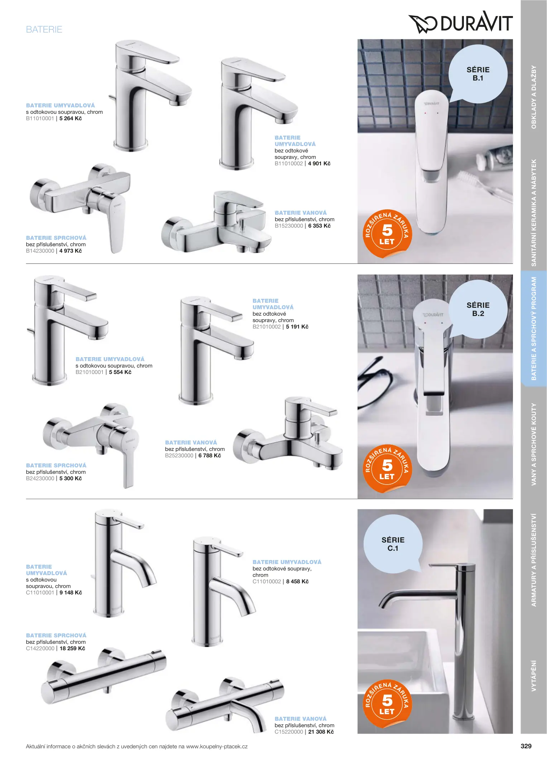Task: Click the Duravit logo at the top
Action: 460,22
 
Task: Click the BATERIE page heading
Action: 44,29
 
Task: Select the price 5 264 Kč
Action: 71,118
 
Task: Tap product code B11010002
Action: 289,164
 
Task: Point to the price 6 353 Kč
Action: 319,226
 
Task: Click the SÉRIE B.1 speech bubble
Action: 478,74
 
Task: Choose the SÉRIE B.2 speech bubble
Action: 478,309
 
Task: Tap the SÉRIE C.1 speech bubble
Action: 393,544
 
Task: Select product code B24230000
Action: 40,478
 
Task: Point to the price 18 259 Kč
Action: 72,648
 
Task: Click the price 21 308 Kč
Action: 321,732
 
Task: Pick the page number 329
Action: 526,746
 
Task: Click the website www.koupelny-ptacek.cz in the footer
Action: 217,747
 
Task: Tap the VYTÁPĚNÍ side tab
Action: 534,676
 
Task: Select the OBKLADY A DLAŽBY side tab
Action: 534,97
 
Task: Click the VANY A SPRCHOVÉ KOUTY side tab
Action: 534,444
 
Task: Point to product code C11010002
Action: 267,582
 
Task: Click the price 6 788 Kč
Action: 210,456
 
